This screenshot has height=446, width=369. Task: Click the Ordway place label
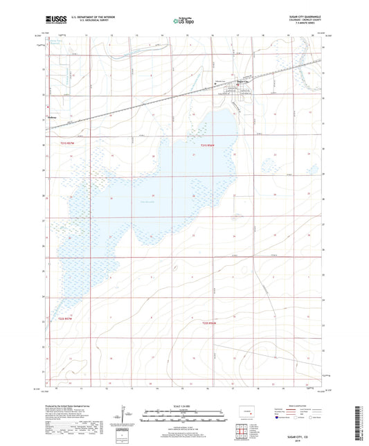click(52, 118)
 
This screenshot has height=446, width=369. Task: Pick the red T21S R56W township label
click(208, 145)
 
